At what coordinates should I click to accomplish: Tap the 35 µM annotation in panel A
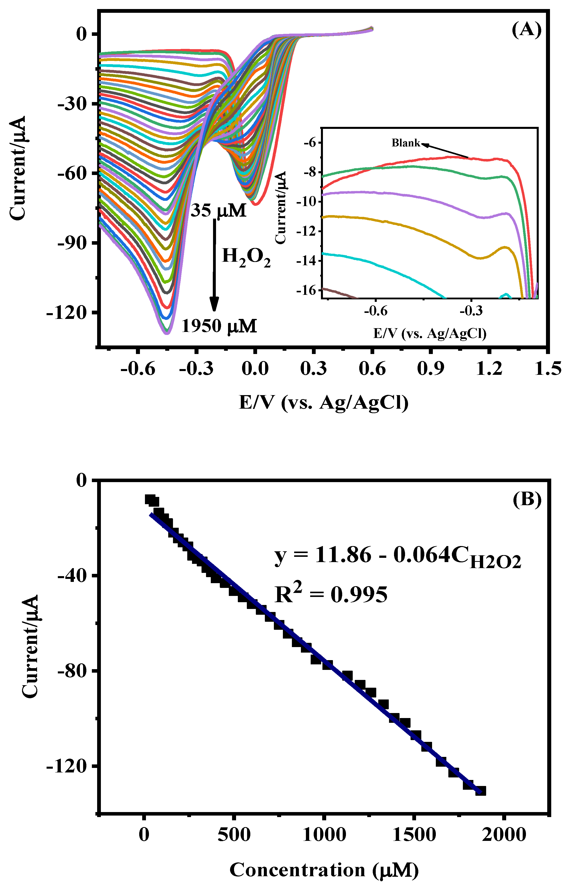point(218,211)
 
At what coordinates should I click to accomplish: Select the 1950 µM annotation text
point(219,326)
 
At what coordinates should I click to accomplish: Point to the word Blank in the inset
point(405,143)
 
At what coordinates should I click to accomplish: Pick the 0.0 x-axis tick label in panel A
point(255,368)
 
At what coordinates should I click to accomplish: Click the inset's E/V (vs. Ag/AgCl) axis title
point(430,333)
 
